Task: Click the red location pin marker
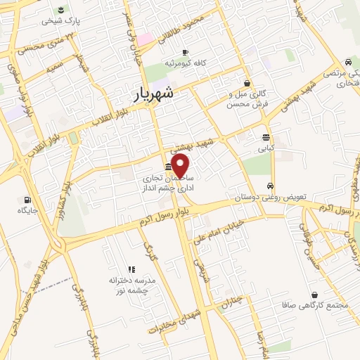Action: pyautogui.click(x=181, y=166)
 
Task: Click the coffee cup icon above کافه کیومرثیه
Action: pyautogui.click(x=185, y=53)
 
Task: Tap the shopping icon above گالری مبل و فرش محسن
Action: pyautogui.click(x=246, y=83)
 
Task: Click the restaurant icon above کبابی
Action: pyautogui.click(x=266, y=138)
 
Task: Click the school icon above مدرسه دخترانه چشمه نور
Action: pyautogui.click(x=131, y=269)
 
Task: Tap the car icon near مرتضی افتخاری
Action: pyautogui.click(x=347, y=63)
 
